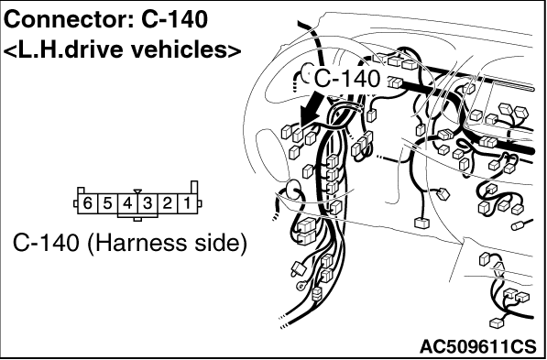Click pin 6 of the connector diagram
(87, 203)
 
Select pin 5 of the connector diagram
(107, 203)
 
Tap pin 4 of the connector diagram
(127, 203)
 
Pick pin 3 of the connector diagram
(148, 203)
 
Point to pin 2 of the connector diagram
(168, 203)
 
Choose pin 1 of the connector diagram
(188, 203)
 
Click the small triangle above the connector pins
(137, 191)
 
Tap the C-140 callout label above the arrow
(347, 79)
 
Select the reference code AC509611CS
(477, 347)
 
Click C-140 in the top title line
(174, 19)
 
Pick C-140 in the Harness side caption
(46, 243)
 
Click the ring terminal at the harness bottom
(301, 287)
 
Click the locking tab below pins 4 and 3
(137, 219)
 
